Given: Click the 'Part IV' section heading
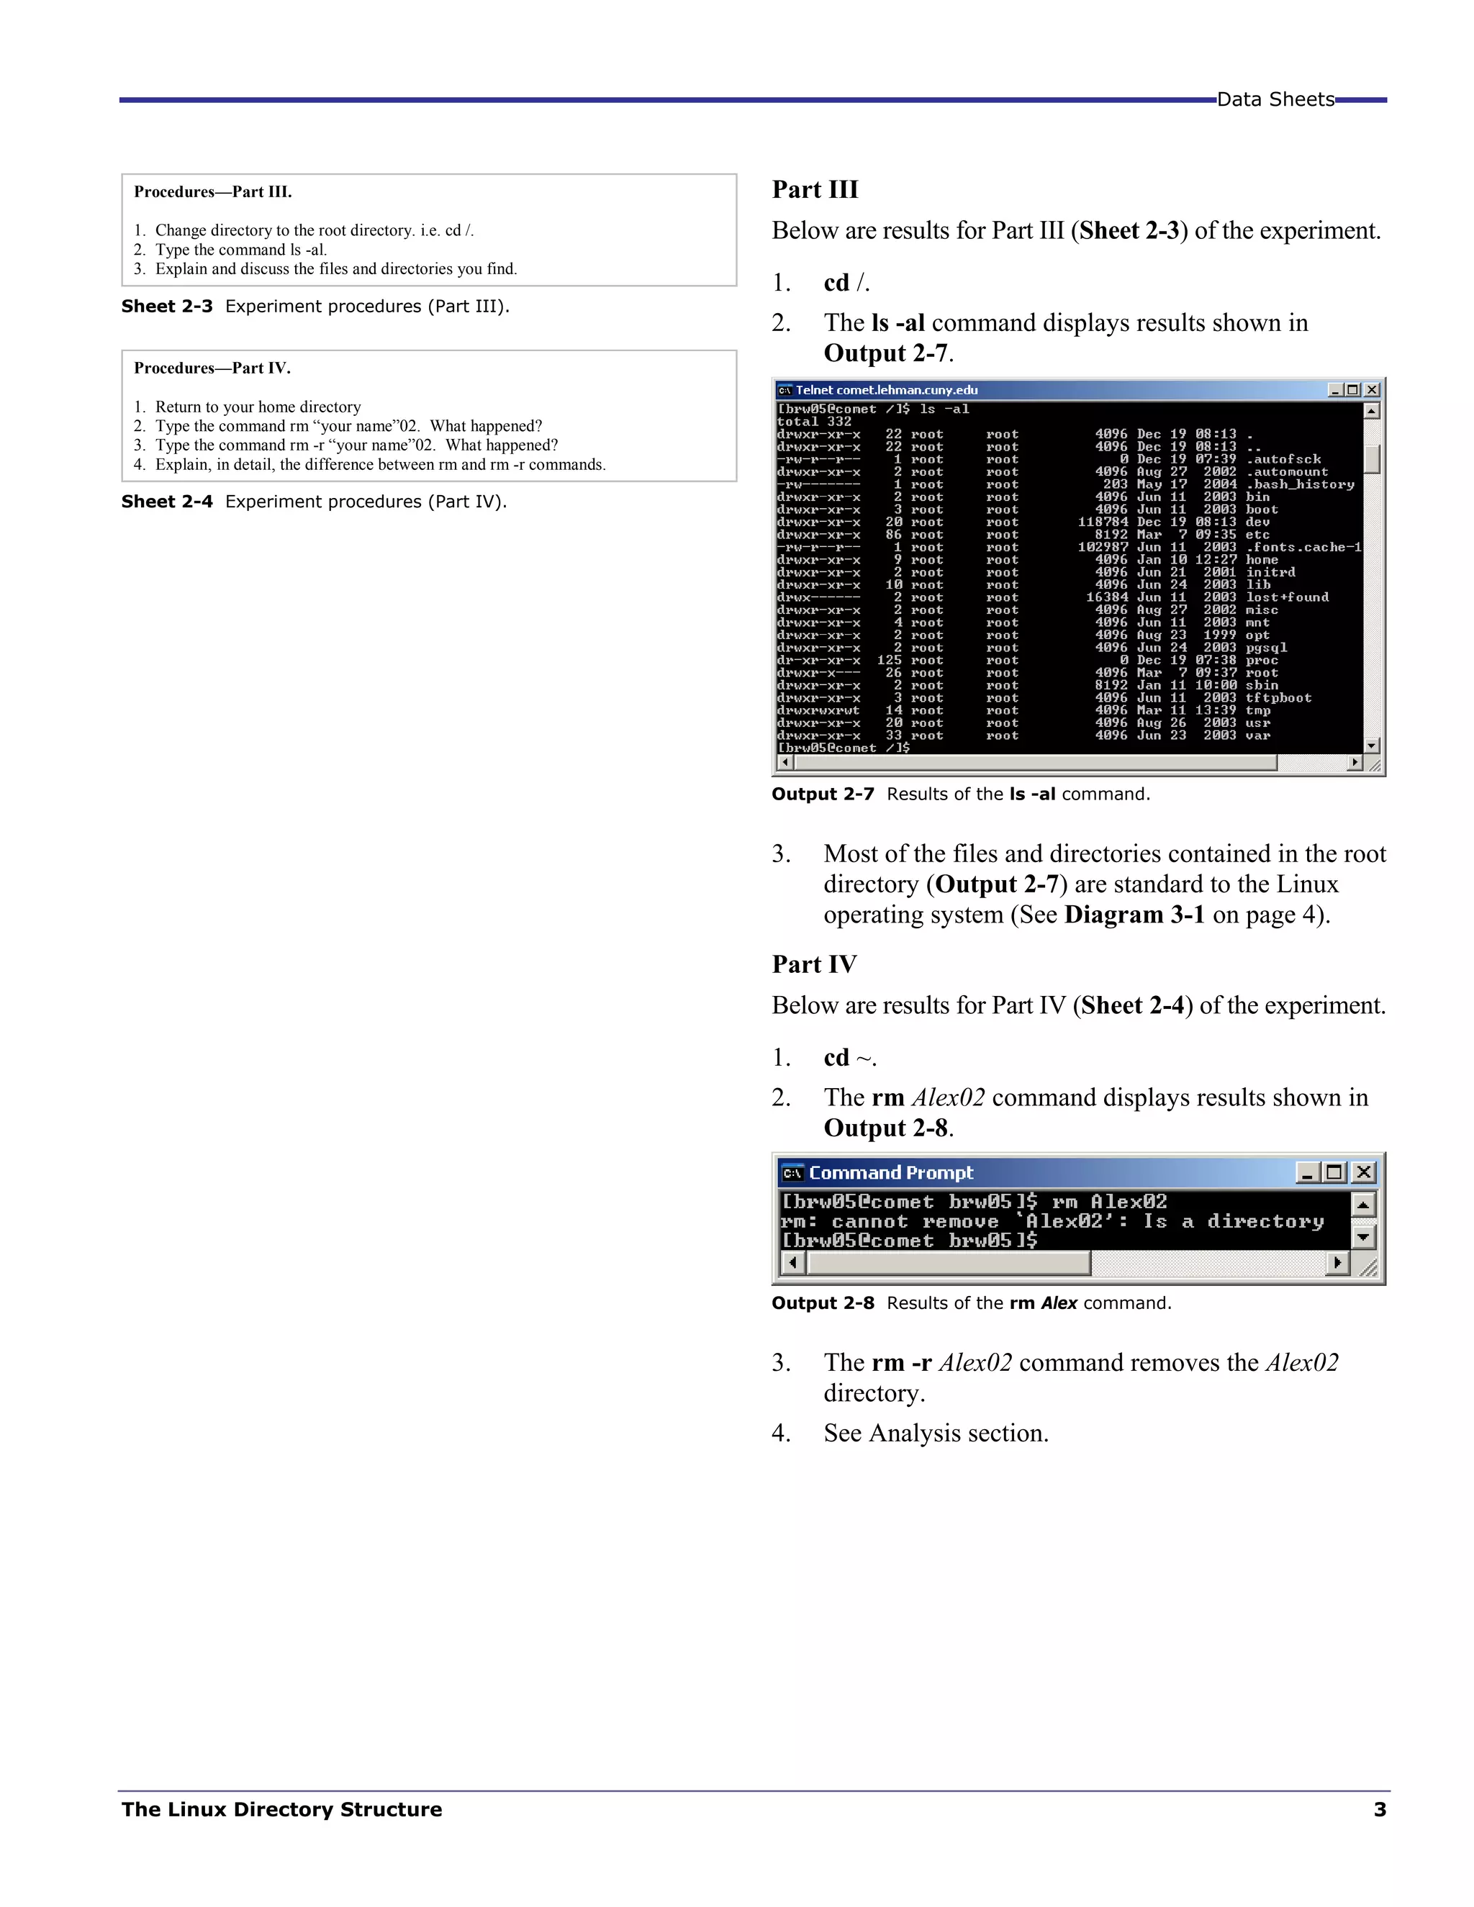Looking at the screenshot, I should point(814,964).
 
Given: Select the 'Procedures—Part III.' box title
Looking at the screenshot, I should point(213,192).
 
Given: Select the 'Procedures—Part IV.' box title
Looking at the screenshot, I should point(212,368).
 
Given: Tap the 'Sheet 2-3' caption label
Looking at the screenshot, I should point(167,307).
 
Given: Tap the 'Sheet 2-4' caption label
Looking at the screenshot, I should point(167,502).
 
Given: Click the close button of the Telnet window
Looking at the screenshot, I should point(1372,390).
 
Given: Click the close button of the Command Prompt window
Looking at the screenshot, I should point(1363,1173).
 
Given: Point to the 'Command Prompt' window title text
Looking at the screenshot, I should point(891,1173).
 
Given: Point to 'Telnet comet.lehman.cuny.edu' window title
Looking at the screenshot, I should point(886,390).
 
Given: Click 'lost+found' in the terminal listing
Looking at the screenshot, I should point(1287,597).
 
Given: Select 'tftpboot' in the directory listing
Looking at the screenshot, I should point(1278,697).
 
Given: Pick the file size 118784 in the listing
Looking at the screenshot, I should point(1102,522).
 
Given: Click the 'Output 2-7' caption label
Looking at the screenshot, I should point(823,794).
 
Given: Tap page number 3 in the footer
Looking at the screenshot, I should point(1380,1810).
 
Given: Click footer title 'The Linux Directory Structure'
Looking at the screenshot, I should point(281,1810).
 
